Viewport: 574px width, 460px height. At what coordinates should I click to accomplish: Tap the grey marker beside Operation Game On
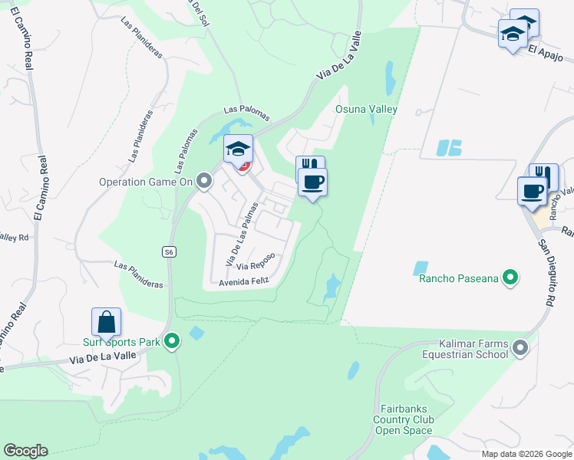(204, 181)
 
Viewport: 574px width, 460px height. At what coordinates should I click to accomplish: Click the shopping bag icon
(106, 321)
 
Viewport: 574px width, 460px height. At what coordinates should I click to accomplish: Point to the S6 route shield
(169, 251)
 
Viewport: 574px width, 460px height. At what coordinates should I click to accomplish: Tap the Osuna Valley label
(366, 109)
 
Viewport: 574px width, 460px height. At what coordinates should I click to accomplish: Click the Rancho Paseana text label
(459, 278)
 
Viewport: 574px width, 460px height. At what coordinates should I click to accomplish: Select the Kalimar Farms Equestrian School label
(464, 349)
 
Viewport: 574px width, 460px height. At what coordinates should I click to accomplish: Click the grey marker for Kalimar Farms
(521, 348)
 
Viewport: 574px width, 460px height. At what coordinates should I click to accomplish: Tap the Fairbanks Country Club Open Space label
(404, 419)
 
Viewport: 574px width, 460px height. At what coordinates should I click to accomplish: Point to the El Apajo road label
(546, 48)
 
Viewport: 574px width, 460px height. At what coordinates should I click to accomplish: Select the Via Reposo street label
(255, 266)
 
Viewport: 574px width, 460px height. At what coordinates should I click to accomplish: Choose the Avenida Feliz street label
(244, 282)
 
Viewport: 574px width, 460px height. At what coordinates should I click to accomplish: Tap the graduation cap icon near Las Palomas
(238, 148)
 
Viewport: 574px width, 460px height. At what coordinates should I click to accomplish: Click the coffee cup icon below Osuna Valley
(312, 182)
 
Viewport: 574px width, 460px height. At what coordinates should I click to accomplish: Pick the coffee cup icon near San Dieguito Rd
(532, 192)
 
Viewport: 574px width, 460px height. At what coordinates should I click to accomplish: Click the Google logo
(25, 451)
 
